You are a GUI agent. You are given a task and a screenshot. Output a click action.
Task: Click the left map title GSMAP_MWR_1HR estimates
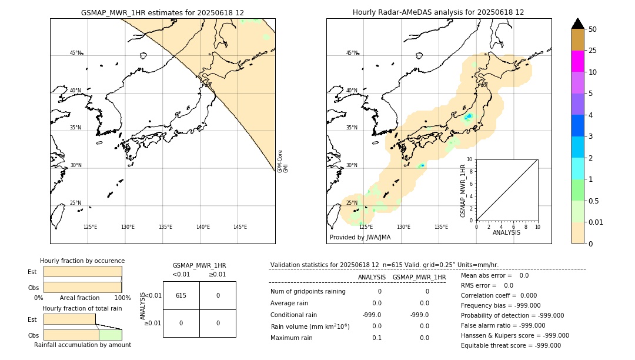tap(162, 12)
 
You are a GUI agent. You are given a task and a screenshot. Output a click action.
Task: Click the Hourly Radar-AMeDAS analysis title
tap(438, 12)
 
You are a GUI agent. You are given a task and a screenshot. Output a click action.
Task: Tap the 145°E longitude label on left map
tap(240, 227)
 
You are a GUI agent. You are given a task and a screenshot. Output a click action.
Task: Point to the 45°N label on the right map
tap(352, 53)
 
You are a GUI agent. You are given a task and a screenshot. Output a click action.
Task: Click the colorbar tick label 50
tap(593, 29)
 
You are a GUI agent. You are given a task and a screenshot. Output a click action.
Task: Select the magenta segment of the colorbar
tap(577, 61)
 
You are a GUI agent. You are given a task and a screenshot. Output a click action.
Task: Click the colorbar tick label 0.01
tap(596, 222)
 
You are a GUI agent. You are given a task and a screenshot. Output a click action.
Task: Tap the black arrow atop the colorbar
tap(577, 24)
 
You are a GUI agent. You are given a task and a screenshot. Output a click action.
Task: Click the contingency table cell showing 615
tap(181, 295)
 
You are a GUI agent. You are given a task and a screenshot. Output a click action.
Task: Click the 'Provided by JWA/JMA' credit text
tap(360, 238)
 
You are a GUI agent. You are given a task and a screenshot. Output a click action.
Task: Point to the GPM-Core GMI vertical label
tap(283, 161)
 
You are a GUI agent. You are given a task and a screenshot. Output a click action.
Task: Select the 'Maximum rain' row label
tap(291, 338)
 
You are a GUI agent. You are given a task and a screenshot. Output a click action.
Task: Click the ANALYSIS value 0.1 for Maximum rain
tap(376, 338)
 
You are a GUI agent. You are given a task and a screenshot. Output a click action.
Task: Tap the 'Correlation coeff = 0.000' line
tap(499, 296)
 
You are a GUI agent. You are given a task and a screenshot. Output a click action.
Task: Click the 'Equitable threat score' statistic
tap(510, 345)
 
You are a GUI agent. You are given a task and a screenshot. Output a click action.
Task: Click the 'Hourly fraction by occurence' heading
tap(82, 261)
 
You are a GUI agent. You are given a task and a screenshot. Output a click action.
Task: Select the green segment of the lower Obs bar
tap(110, 335)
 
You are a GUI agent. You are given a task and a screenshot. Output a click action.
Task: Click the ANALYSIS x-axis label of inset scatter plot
tap(506, 233)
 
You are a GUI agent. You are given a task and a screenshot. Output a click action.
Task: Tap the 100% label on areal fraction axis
tap(122, 298)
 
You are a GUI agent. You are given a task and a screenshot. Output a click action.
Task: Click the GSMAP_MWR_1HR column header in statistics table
tap(419, 277)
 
